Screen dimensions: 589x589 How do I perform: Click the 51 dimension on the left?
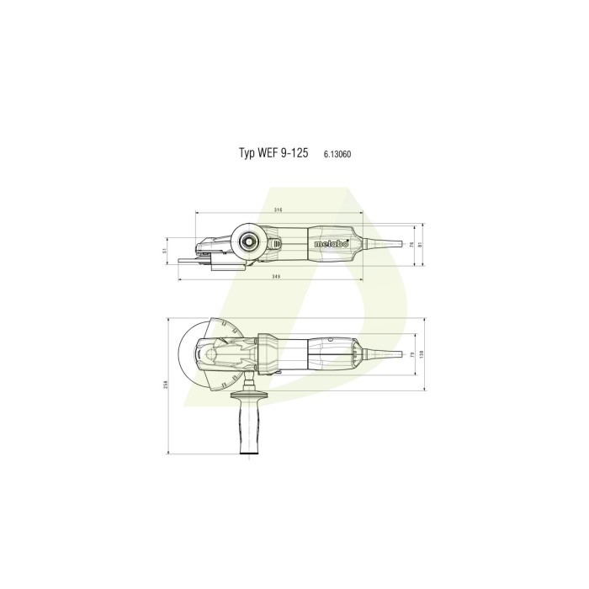point(166,250)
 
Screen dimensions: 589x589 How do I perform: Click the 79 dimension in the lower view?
point(411,354)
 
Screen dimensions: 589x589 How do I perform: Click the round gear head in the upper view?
point(251,242)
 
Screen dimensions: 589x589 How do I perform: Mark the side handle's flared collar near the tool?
point(250,395)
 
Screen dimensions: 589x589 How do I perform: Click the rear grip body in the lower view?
point(328,354)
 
